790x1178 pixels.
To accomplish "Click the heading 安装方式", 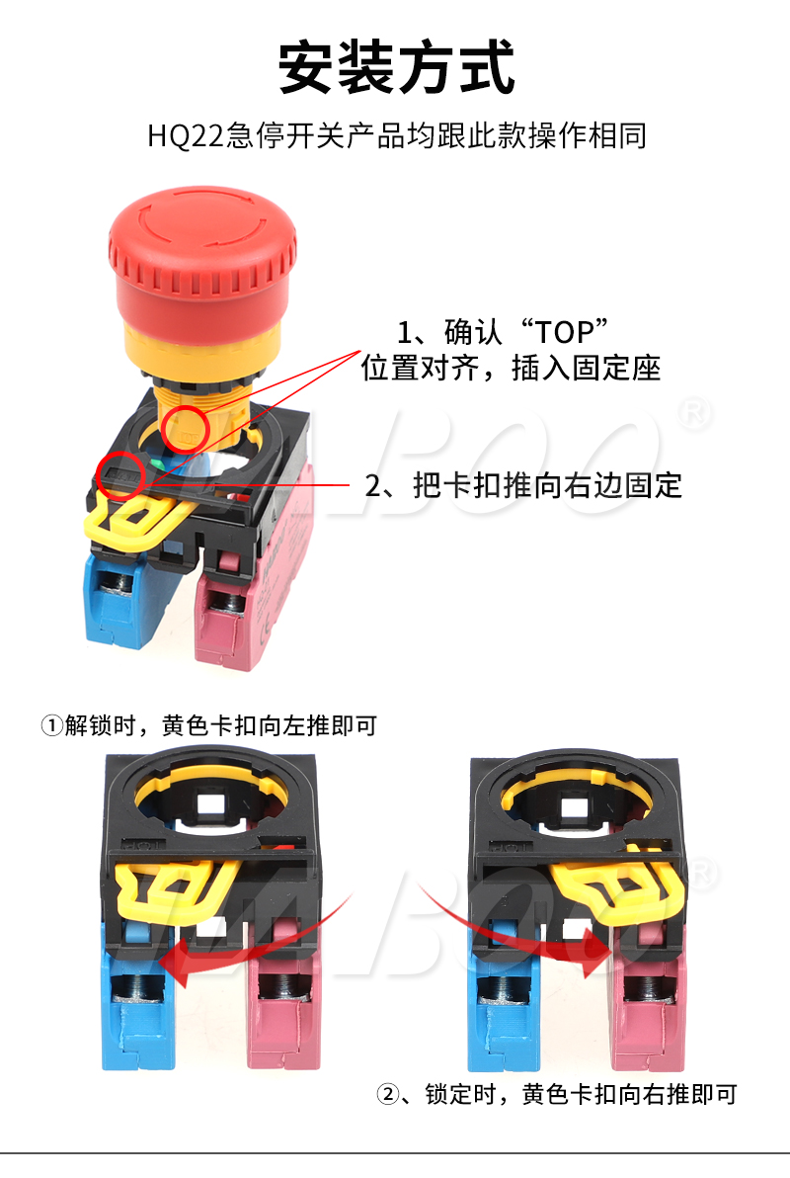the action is (396, 67).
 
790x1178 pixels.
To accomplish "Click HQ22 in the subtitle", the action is (185, 136).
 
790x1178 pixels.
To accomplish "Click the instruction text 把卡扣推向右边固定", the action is (547, 485).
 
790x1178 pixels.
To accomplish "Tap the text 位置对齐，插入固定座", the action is (511, 368).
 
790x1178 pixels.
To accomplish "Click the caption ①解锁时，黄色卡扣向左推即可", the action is (208, 725).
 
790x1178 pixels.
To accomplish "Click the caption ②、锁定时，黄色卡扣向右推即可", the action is (556, 1094).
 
